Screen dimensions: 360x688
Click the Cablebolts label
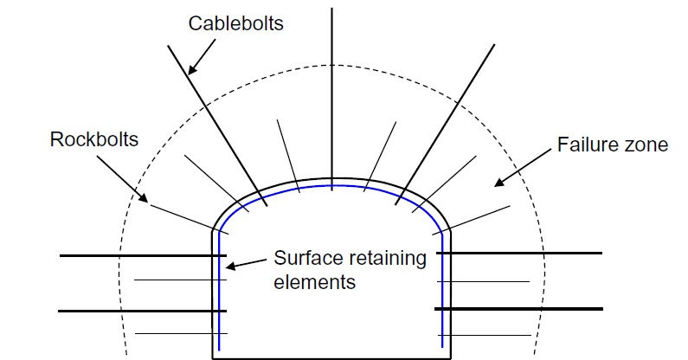point(237,22)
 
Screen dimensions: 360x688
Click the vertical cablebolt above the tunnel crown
point(333,87)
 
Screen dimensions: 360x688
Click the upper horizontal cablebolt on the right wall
point(519,254)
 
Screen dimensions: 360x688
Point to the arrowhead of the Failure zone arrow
point(497,184)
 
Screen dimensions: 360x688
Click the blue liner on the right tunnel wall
point(442,294)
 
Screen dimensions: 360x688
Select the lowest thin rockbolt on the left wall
point(173,333)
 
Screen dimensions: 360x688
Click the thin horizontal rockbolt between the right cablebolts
point(490,281)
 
